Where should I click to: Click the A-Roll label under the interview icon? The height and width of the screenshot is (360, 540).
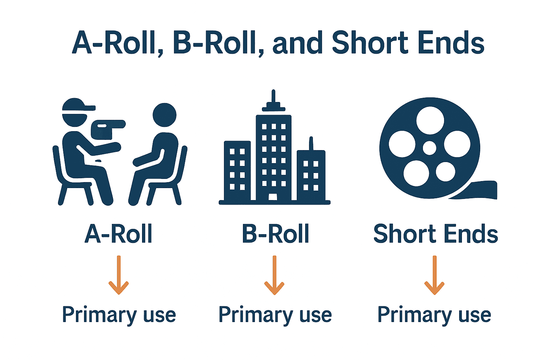tap(118, 234)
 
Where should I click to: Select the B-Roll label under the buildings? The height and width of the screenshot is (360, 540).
tap(275, 234)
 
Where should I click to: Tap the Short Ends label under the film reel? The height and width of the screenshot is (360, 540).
tap(436, 234)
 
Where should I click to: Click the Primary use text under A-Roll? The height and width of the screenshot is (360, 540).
tap(119, 315)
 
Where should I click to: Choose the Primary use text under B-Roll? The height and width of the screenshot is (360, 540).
tap(275, 315)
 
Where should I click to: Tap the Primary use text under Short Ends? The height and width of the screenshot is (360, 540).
tap(434, 315)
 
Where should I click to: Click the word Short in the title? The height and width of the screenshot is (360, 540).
tap(369, 43)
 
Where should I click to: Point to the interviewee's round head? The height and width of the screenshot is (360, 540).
tap(165, 115)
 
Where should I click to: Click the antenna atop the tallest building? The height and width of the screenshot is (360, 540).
tap(273, 97)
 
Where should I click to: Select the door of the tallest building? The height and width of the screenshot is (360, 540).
tap(273, 197)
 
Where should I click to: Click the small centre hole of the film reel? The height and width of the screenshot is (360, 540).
tap(429, 148)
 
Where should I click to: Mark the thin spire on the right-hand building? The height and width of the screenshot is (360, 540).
tap(311, 143)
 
